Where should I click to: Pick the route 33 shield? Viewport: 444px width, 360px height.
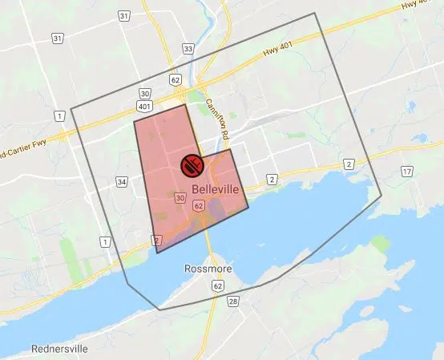[x=188, y=49]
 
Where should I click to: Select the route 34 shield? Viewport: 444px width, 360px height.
[x=122, y=182]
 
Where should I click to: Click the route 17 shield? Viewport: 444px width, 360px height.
[x=407, y=172]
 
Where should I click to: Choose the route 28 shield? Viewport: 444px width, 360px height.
[x=232, y=301]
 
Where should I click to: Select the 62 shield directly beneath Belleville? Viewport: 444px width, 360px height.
[x=198, y=206]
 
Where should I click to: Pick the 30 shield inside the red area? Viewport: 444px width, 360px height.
[x=180, y=197]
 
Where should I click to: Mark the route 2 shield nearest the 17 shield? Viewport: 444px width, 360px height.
[x=349, y=164]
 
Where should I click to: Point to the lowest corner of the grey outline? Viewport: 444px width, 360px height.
[x=159, y=309]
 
